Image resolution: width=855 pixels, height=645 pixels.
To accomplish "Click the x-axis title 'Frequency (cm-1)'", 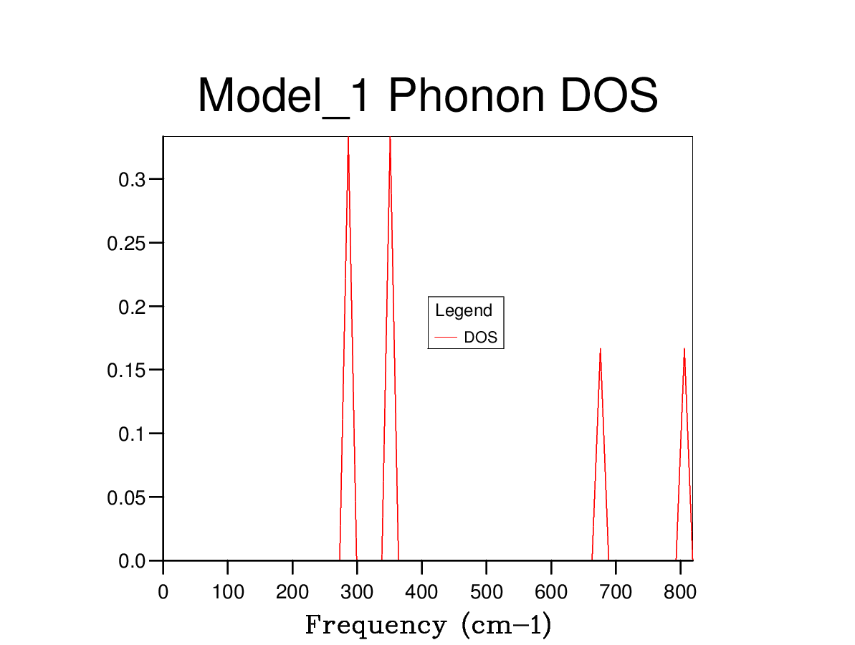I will (x=428, y=625).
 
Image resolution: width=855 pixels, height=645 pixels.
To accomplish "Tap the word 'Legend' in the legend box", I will (x=464, y=311).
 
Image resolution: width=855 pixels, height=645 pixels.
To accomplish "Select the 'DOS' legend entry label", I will (x=480, y=338).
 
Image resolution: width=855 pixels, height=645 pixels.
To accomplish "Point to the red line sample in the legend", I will (x=446, y=338).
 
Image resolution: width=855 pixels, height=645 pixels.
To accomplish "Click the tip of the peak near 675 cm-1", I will (x=600, y=349).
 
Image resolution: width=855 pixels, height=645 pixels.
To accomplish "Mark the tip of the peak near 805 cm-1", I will (x=684, y=349).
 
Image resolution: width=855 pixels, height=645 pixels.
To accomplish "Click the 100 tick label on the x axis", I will (x=227, y=593).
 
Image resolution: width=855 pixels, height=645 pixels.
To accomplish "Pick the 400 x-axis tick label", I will (x=421, y=593).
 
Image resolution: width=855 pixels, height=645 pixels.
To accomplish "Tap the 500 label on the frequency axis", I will (x=486, y=593).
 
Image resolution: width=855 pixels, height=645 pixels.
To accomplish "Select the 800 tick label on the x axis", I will (x=680, y=593).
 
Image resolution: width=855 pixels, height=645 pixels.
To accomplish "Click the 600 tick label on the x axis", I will (x=551, y=593).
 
